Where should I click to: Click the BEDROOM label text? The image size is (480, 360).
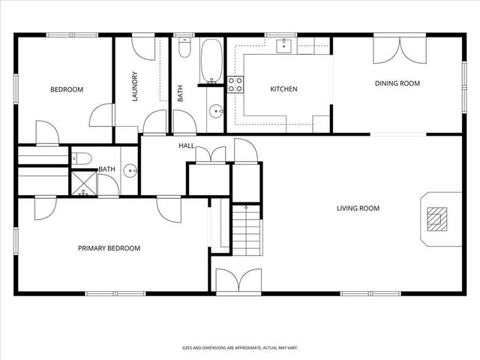tap(67, 89)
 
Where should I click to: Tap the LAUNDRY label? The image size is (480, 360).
tap(136, 87)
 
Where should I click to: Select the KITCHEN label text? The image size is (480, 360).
tap(283, 89)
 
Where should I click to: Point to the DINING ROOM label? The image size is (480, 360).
tap(397, 83)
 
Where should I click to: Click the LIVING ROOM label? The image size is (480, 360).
tap(358, 208)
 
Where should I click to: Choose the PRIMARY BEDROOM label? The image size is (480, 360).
tap(109, 248)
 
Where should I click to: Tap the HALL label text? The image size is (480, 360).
tap(187, 145)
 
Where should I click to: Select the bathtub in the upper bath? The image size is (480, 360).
tap(209, 61)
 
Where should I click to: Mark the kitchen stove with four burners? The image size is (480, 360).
tap(235, 84)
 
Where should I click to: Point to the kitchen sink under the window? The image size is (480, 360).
tap(284, 46)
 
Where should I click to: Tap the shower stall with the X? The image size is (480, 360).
tap(83, 184)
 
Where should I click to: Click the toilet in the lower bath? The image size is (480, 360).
tap(82, 157)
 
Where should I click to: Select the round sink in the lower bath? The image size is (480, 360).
tap(130, 170)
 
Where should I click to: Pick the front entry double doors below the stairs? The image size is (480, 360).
tap(238, 281)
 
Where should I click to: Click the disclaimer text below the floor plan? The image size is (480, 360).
tap(239, 347)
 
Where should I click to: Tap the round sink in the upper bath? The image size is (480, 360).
tap(217, 112)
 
